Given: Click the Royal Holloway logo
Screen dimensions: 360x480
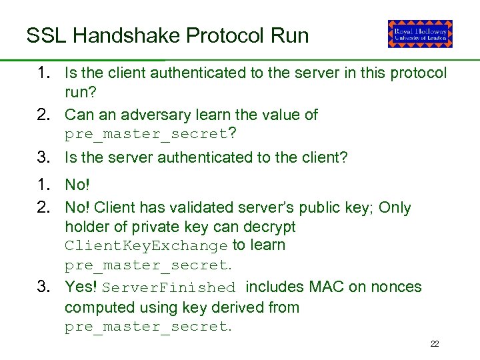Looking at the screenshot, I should point(420,34).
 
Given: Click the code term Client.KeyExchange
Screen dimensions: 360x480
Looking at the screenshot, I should point(146,246).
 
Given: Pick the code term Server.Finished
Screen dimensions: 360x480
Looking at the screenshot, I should point(170,288).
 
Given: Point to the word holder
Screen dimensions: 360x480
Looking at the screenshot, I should point(87,227).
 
